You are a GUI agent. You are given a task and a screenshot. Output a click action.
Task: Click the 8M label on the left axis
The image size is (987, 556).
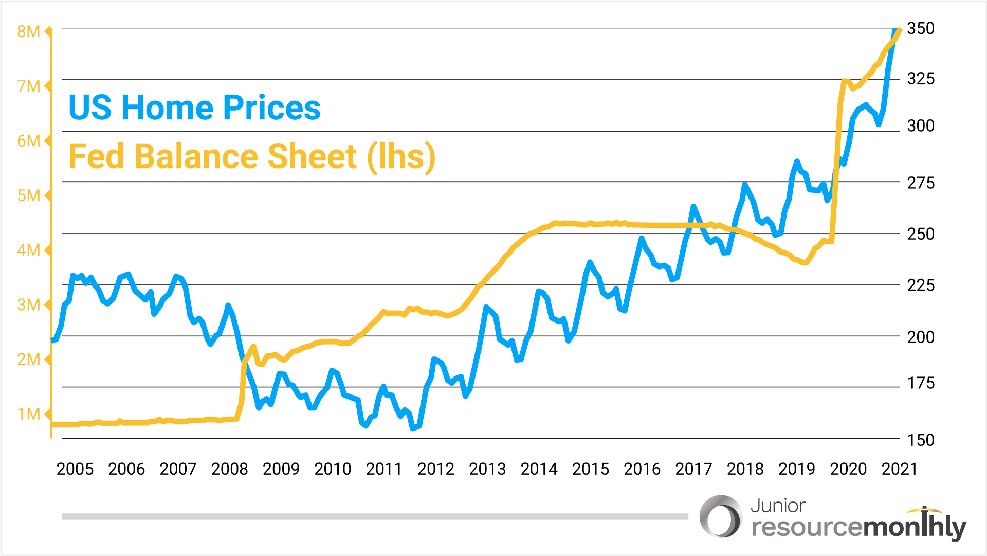(x=28, y=32)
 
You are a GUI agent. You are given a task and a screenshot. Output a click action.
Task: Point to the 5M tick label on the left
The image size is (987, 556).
(x=28, y=196)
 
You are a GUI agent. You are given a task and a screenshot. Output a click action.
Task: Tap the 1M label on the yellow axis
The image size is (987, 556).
(x=28, y=414)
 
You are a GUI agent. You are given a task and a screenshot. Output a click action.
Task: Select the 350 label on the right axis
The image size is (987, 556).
(x=921, y=28)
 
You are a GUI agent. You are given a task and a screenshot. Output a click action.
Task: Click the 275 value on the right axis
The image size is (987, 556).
(x=921, y=183)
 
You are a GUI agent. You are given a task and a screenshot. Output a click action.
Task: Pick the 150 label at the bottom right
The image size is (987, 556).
(x=921, y=440)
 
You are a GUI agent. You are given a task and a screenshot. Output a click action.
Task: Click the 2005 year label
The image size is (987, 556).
(x=75, y=469)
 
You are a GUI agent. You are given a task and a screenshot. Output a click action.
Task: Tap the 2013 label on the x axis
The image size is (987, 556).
(x=487, y=469)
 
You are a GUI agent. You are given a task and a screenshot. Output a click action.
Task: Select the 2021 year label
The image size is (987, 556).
(x=900, y=469)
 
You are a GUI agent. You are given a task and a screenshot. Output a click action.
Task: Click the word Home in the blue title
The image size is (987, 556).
(x=167, y=108)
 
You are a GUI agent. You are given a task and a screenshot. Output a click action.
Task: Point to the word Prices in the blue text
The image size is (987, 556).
(x=272, y=108)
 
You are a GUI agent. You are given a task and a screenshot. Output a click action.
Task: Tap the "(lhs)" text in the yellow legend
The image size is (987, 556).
(x=401, y=157)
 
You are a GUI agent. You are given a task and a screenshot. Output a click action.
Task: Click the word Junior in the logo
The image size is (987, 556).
(x=778, y=506)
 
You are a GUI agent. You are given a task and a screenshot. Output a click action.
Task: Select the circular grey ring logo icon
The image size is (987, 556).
(x=721, y=516)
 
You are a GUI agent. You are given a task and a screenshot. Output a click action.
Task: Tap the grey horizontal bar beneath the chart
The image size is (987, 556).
(x=375, y=516)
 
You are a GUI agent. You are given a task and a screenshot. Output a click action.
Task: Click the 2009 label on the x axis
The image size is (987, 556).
(x=281, y=469)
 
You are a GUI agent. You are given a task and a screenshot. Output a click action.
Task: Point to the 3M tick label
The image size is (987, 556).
(x=28, y=305)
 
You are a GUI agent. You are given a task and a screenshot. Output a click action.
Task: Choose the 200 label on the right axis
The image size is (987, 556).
(x=921, y=337)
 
